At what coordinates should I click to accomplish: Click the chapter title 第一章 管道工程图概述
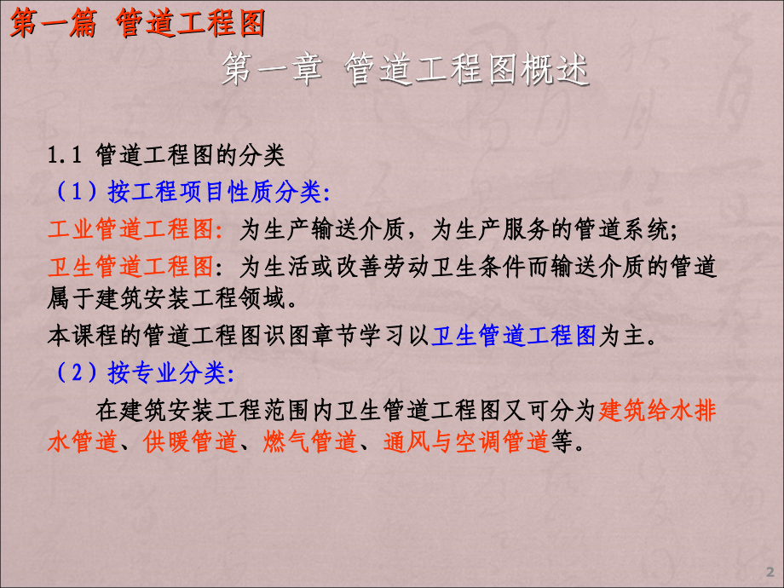click(405, 72)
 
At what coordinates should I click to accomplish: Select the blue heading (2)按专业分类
click(141, 372)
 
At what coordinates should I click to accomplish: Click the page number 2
click(770, 570)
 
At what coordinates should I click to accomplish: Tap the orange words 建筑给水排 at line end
click(657, 410)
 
